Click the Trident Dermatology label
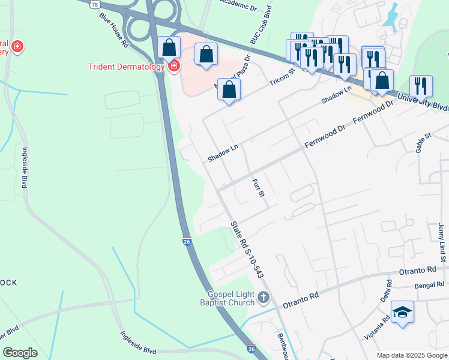tap(125, 67)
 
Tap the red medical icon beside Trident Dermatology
tap(174, 65)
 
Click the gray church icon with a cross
tap(263, 296)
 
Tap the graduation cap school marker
tap(402, 312)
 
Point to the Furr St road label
tap(258, 188)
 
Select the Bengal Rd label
tap(428, 284)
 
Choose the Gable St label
tap(424, 143)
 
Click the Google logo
tap(20, 353)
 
